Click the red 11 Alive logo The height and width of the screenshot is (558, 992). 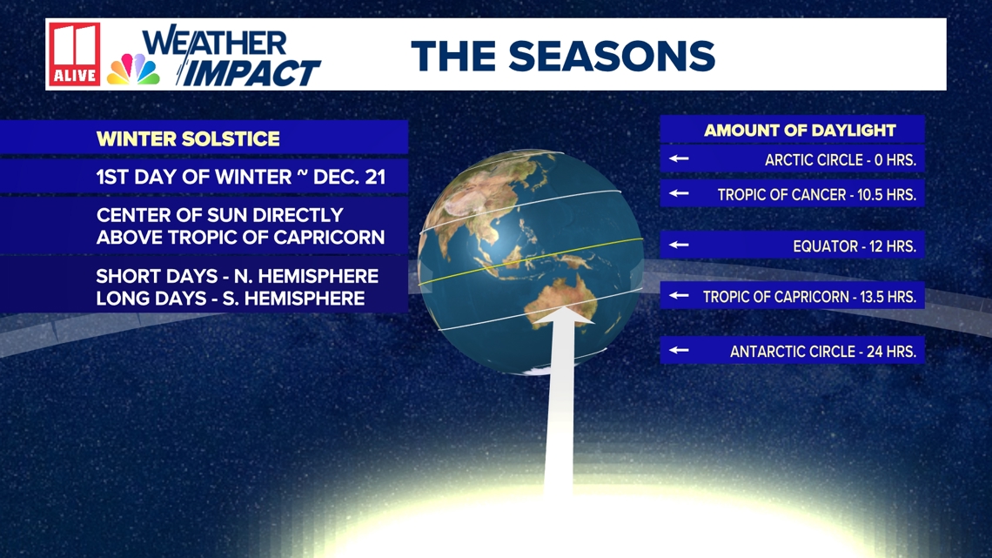click(x=75, y=55)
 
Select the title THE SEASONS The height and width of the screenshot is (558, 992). click(x=563, y=56)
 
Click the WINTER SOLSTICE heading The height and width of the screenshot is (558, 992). click(x=188, y=138)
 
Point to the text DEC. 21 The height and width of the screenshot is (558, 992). click(x=349, y=177)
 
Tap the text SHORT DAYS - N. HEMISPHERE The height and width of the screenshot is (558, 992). click(x=238, y=276)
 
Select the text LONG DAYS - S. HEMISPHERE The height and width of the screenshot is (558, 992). click(x=231, y=299)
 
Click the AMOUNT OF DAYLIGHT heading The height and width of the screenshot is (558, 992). click(x=800, y=131)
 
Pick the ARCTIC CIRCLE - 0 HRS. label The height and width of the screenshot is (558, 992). click(x=841, y=160)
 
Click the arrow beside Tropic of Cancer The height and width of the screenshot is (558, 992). click(x=679, y=193)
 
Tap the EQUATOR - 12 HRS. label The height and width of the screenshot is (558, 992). click(x=855, y=246)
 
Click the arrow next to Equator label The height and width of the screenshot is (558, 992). click(x=679, y=245)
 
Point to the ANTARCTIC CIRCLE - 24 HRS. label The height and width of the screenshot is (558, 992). click(x=823, y=352)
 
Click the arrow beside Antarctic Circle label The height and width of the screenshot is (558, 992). click(x=679, y=350)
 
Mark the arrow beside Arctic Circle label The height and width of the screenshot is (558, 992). click(x=679, y=158)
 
